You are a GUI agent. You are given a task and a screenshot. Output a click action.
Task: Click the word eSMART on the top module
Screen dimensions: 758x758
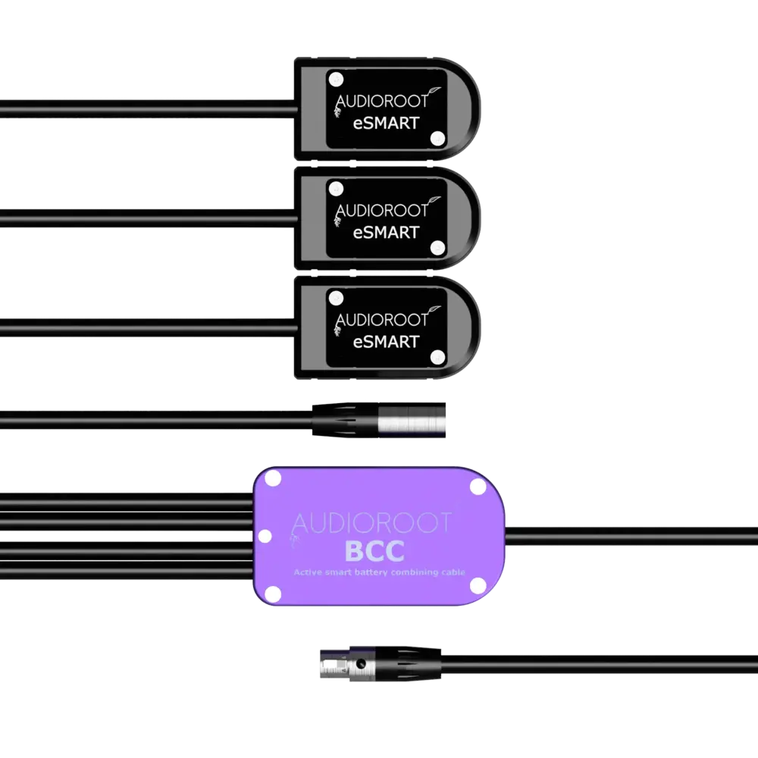tap(386, 123)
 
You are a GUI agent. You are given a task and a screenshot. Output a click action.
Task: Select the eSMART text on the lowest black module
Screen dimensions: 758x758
tap(386, 341)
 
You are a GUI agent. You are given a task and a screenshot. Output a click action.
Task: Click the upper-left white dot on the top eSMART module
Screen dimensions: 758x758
tap(336, 77)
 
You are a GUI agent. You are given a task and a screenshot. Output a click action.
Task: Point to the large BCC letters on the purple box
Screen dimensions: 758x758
tap(374, 551)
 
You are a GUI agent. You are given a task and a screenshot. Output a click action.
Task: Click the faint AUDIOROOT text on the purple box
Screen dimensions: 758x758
tap(371, 522)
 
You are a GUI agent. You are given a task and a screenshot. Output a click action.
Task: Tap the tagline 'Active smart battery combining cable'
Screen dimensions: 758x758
tap(379, 573)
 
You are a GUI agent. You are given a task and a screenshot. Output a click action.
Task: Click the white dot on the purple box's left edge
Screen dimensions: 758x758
tap(265, 537)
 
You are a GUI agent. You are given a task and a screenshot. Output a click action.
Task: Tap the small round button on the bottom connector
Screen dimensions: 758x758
tap(361, 665)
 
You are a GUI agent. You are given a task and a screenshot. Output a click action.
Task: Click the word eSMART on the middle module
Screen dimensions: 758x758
tap(386, 232)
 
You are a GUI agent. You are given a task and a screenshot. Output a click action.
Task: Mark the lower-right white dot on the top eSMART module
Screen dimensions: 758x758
tap(437, 139)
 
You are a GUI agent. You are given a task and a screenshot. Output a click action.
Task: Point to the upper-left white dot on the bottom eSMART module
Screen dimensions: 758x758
tap(336, 296)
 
